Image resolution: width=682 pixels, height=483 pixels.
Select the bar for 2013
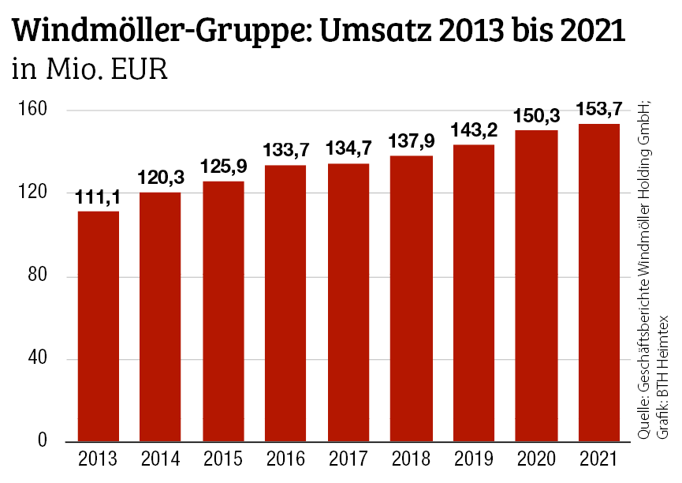(98, 326)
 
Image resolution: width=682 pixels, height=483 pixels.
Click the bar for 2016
(285, 303)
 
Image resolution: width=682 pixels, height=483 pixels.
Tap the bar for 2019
(473, 293)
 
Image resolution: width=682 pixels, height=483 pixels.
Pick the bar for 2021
(598, 283)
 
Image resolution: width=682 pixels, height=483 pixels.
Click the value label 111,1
(98, 198)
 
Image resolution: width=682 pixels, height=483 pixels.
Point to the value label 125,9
(223, 168)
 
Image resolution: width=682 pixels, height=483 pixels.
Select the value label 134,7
(348, 150)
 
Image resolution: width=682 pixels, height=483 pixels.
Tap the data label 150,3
(536, 117)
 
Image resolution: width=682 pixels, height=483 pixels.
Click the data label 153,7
(598, 110)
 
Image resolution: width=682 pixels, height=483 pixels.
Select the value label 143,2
(473, 131)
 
